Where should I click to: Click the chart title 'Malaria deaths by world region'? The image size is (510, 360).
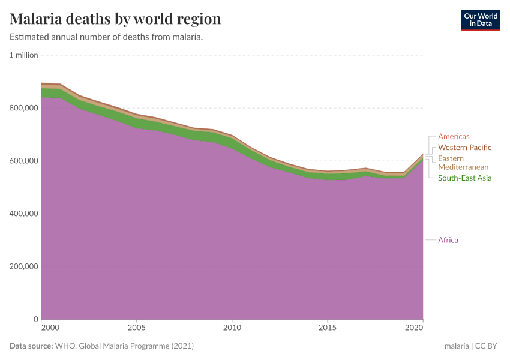115,19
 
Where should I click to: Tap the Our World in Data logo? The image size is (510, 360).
480,20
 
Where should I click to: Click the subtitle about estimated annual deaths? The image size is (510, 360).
106,37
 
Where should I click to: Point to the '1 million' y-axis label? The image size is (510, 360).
23,55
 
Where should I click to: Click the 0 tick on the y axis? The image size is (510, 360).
35,319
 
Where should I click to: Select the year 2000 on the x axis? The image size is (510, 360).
50,328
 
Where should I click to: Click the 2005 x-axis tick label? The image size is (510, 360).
137,328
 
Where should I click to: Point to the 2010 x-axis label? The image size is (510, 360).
232,328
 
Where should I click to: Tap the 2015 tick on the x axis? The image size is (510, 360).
328,328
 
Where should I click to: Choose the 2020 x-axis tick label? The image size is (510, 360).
414,328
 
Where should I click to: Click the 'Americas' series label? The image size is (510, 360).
454,137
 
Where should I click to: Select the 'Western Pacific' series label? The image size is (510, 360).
464,148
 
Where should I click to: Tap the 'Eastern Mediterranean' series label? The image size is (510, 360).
463,163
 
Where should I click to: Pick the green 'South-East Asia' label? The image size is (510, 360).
464,178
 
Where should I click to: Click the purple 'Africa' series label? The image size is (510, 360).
448,240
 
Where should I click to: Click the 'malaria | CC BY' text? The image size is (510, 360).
472,346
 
